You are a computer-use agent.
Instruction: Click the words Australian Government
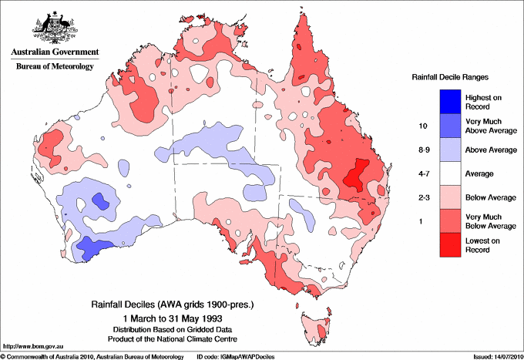[x=55, y=53]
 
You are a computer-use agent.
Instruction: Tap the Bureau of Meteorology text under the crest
[x=55, y=67]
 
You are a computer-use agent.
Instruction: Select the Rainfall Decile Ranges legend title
[x=450, y=78]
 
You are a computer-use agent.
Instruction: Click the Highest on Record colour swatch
[x=439, y=100]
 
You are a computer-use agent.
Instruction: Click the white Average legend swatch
[x=439, y=173]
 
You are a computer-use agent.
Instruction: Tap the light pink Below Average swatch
[x=439, y=198]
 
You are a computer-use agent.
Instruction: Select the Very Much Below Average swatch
[x=439, y=222]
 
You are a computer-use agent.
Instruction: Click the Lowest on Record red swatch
[x=439, y=246]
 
